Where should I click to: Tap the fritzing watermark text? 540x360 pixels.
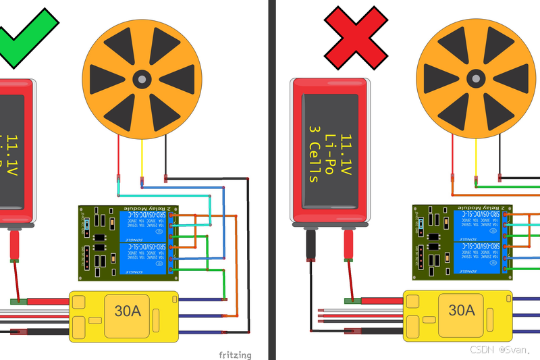pyautogui.click(x=236, y=355)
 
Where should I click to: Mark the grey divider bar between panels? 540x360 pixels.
pyautogui.click(x=271, y=180)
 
